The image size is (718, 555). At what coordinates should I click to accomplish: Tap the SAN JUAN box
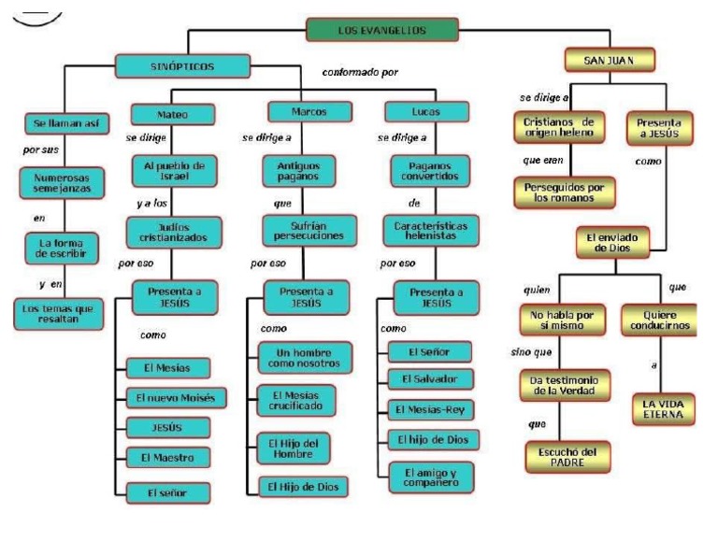pos(610,61)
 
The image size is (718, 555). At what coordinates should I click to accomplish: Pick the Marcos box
pos(309,112)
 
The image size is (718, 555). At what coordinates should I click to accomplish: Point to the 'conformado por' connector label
pos(361,72)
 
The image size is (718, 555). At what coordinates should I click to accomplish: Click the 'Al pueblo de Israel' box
pos(174,170)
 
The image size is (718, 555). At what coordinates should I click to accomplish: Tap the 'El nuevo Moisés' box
pos(174,397)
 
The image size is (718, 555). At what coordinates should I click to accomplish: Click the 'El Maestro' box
pos(167,459)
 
